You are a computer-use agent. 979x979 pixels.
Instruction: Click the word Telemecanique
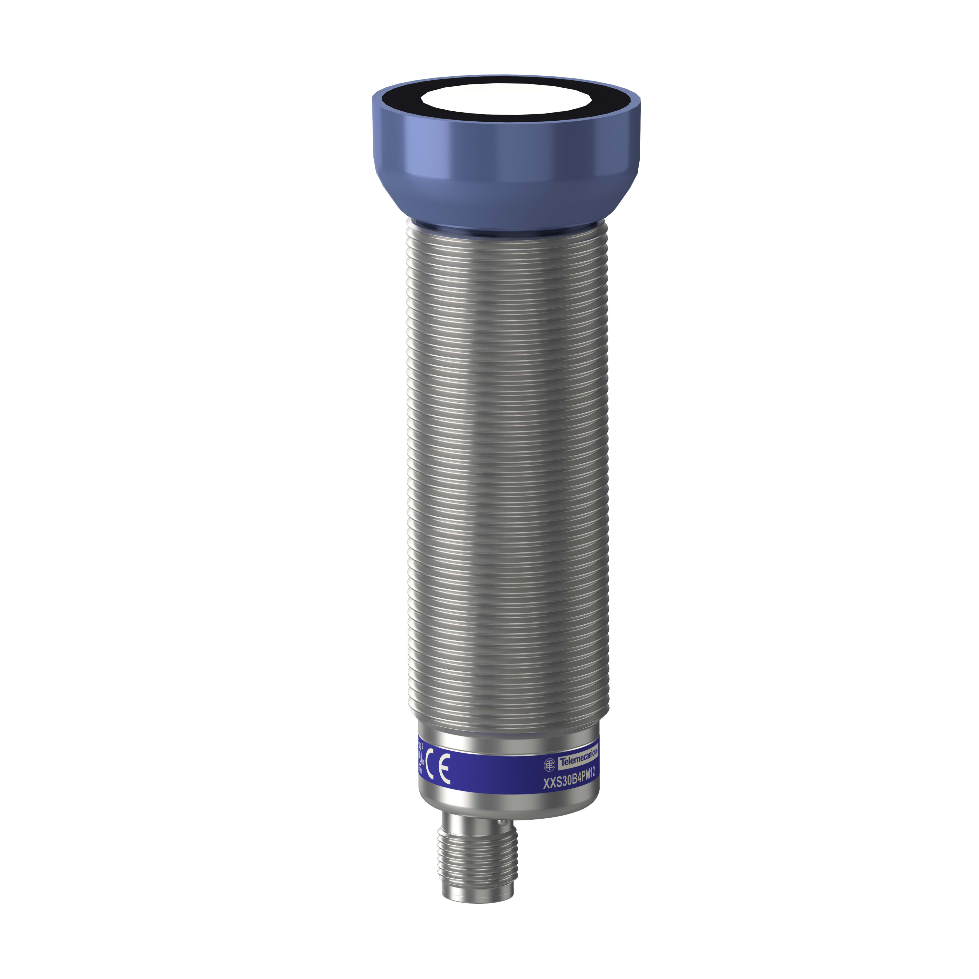(578, 759)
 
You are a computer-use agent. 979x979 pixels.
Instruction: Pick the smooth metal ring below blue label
(507, 803)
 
